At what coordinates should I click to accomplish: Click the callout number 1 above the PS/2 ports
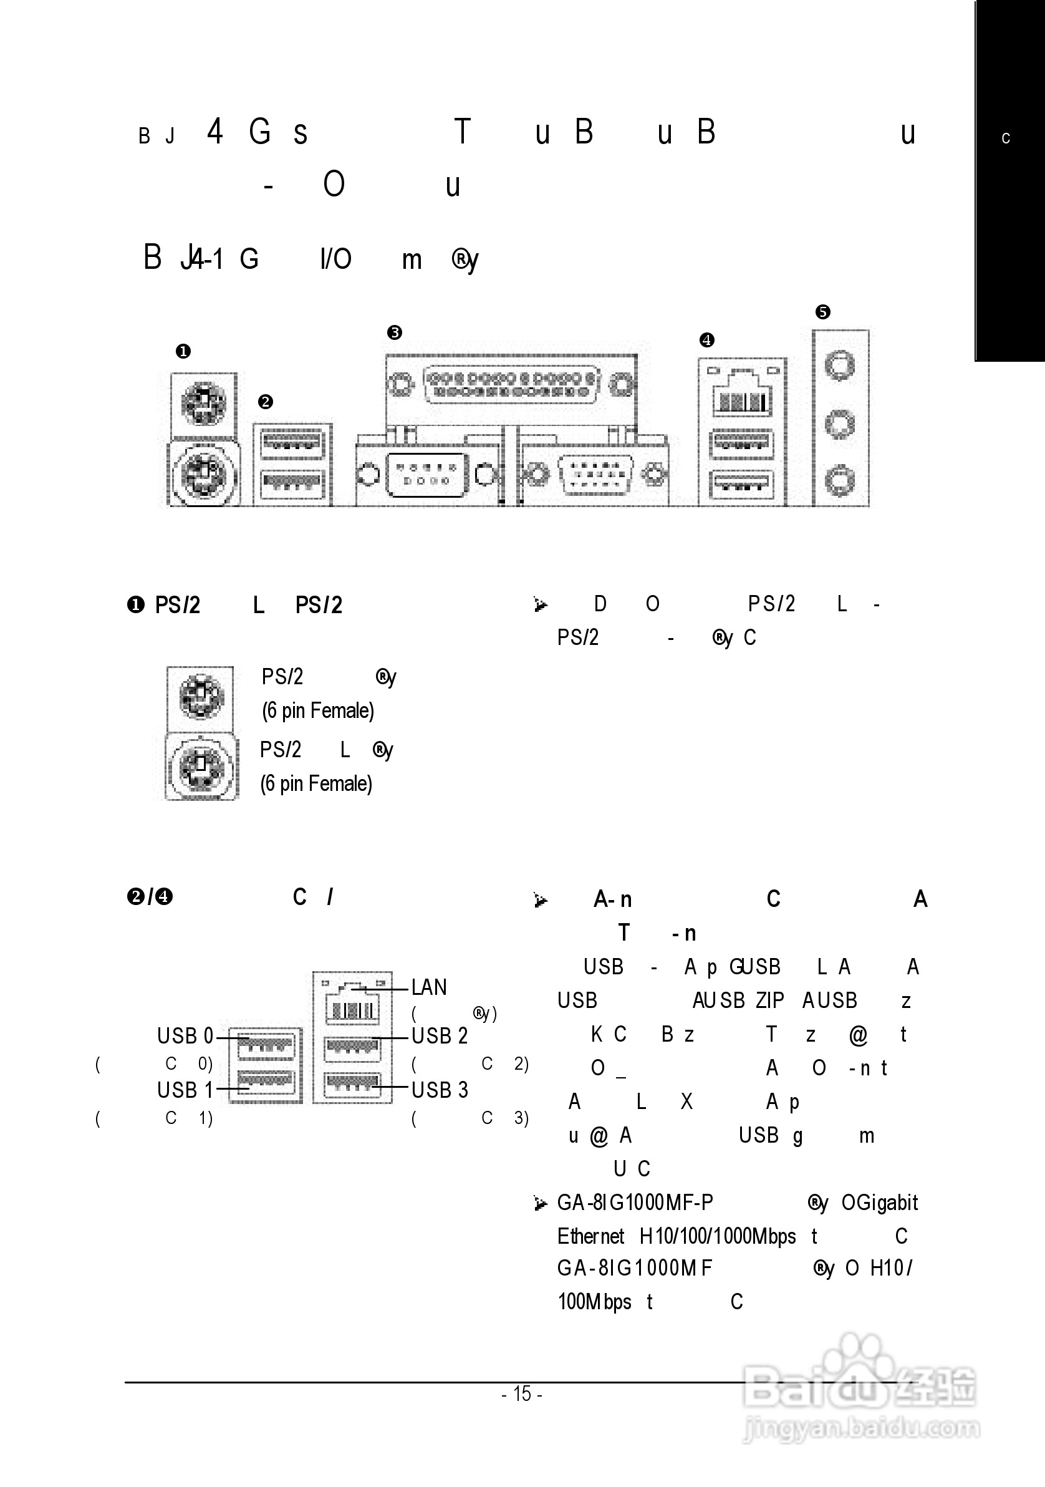[183, 352]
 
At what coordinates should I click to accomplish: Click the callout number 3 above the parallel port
[394, 333]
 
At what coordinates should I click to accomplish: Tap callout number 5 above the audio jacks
[822, 312]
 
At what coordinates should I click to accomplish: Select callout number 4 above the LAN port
[706, 340]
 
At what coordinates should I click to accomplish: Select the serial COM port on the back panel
[426, 475]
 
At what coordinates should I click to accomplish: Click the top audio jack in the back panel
[840, 366]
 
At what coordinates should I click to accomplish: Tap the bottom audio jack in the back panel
[840, 481]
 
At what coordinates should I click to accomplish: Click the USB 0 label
[185, 1036]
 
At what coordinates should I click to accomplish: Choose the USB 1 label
[185, 1090]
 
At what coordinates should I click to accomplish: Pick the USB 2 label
[440, 1036]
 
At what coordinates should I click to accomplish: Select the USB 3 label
[440, 1090]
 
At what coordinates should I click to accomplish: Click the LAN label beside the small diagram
[429, 987]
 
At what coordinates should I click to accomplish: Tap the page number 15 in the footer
[522, 1393]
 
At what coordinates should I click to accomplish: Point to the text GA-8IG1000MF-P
[635, 1203]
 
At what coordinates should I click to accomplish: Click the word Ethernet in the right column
[590, 1236]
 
